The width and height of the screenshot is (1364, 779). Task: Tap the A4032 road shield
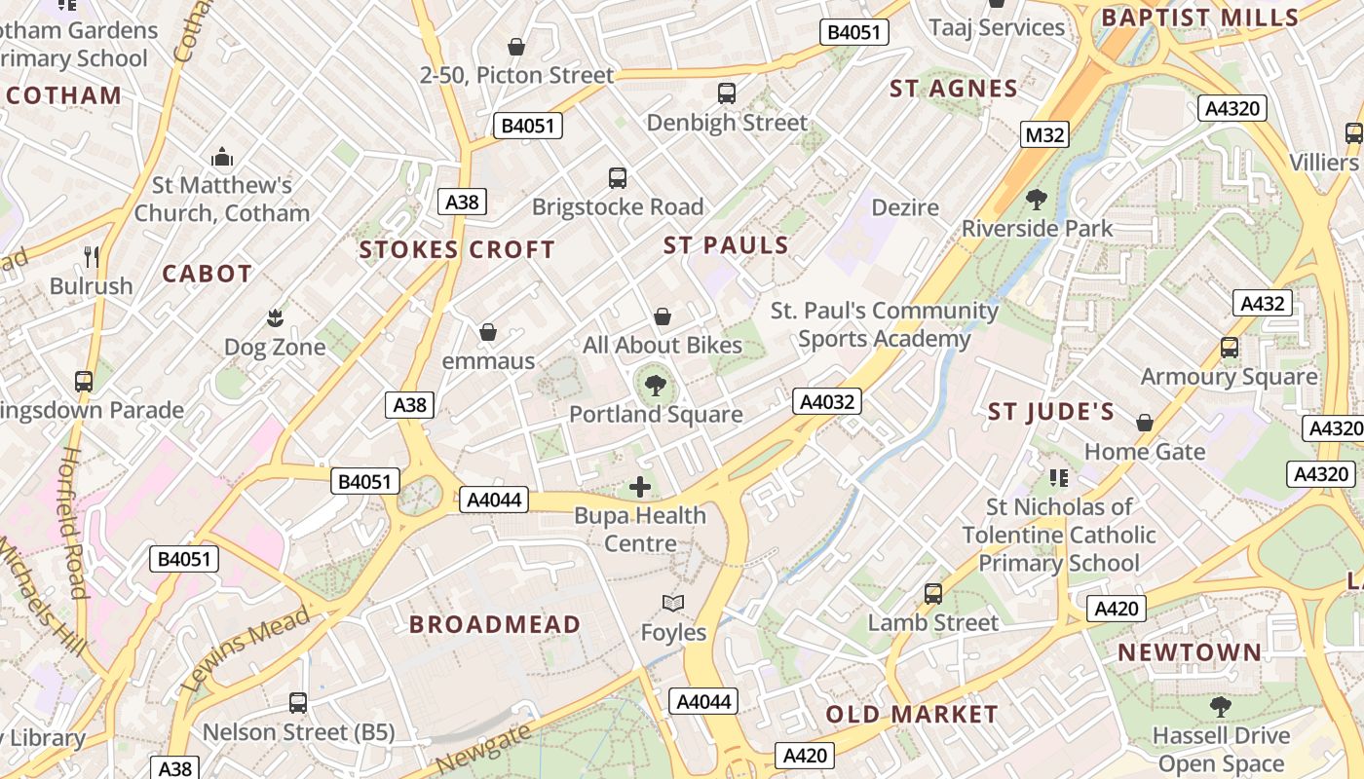(827, 401)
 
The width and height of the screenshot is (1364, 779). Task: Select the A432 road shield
(1262, 303)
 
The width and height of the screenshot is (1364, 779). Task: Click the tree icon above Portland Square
(656, 386)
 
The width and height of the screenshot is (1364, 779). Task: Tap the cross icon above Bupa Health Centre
(640, 487)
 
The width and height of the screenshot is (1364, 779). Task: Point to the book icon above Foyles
(673, 604)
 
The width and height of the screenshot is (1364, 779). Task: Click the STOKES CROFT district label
(457, 250)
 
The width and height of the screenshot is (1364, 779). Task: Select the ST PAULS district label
(726, 245)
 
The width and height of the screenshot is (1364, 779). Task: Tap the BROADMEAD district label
(495, 624)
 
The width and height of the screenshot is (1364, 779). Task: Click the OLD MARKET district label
(912, 714)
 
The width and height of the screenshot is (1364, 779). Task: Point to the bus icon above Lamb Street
(933, 593)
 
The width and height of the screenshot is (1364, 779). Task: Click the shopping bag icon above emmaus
(488, 333)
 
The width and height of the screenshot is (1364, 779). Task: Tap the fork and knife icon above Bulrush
(92, 256)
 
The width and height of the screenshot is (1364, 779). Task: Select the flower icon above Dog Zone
(275, 317)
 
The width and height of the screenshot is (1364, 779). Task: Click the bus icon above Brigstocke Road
(618, 178)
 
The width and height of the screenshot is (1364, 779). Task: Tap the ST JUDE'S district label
(1051, 412)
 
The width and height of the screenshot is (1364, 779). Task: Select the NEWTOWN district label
(1189, 652)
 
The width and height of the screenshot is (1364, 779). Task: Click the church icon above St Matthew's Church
(223, 156)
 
